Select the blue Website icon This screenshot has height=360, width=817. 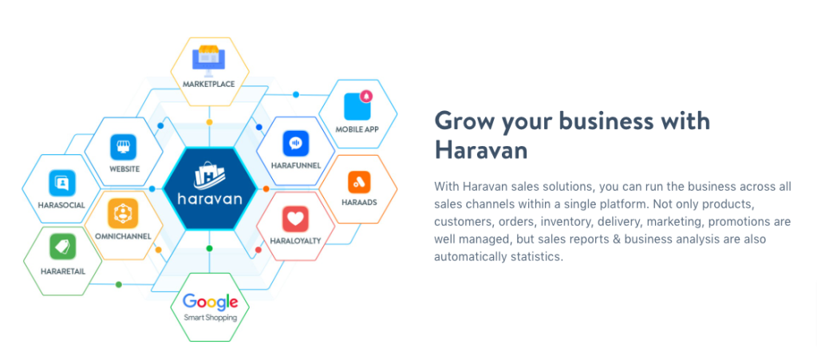(124, 147)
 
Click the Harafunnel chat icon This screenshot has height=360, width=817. (296, 143)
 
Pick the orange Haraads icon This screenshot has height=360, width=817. (360, 182)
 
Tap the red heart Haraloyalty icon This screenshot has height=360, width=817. (295, 219)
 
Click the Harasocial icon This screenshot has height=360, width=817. (62, 184)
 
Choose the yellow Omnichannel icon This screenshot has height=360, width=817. (123, 213)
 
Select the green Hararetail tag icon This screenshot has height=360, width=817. (62, 247)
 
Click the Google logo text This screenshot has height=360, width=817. (210, 303)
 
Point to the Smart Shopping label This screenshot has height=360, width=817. (210, 317)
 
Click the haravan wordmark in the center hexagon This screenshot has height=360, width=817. (210, 200)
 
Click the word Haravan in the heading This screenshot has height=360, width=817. (481, 150)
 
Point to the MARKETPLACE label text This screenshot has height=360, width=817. (209, 84)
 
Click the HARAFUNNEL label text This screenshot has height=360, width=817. (296, 166)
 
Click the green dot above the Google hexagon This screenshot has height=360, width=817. (210, 248)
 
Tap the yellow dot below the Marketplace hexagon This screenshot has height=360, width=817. (210, 122)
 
